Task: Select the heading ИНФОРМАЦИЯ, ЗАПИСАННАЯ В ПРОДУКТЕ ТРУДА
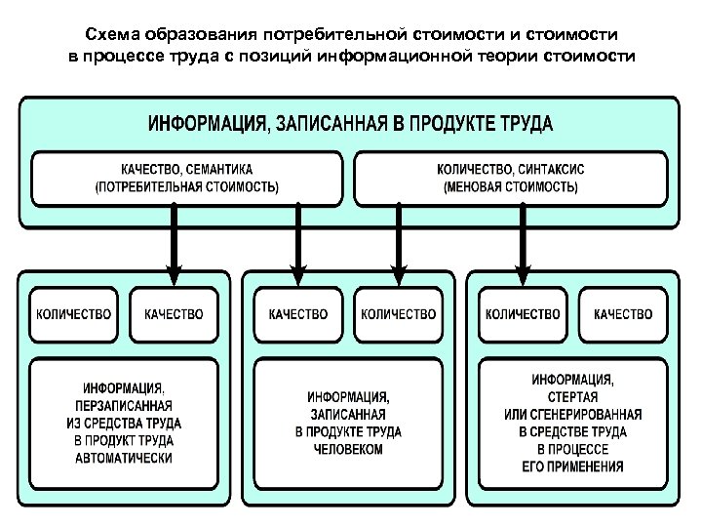(350, 124)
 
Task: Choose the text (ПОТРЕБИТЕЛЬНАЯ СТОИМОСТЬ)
(186, 185)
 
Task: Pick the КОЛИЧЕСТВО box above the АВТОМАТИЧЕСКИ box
(74, 314)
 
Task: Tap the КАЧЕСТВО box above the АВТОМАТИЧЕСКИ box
(174, 314)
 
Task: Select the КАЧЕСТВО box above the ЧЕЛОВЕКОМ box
(298, 314)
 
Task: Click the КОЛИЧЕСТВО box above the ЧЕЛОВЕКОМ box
(398, 314)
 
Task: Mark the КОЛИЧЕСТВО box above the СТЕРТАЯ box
(523, 314)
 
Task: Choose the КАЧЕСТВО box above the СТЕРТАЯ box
(622, 314)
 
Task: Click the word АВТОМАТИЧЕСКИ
(122, 458)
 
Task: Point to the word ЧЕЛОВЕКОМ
(348, 450)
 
